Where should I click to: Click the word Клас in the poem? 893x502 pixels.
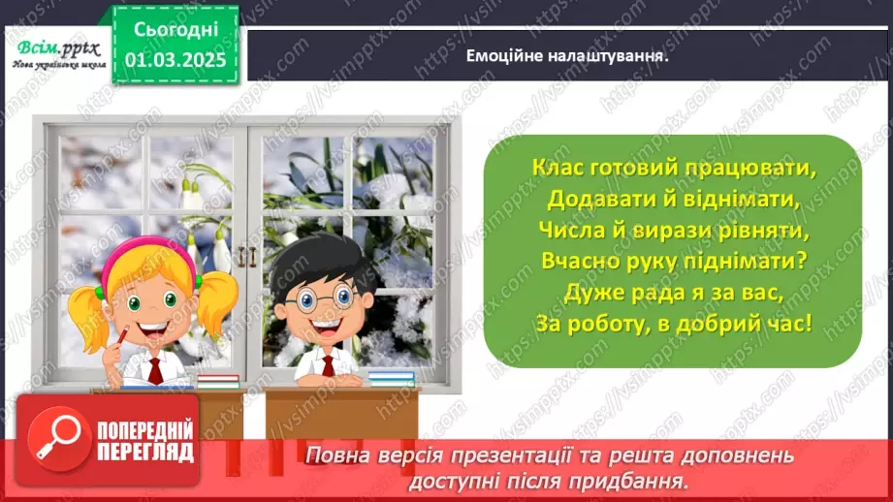557,167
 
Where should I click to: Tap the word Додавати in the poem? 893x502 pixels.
590,199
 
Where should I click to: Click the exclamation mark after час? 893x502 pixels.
807,323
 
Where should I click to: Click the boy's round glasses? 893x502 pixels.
315,297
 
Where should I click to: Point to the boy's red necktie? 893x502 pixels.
328,364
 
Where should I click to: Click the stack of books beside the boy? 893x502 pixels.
392,377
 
